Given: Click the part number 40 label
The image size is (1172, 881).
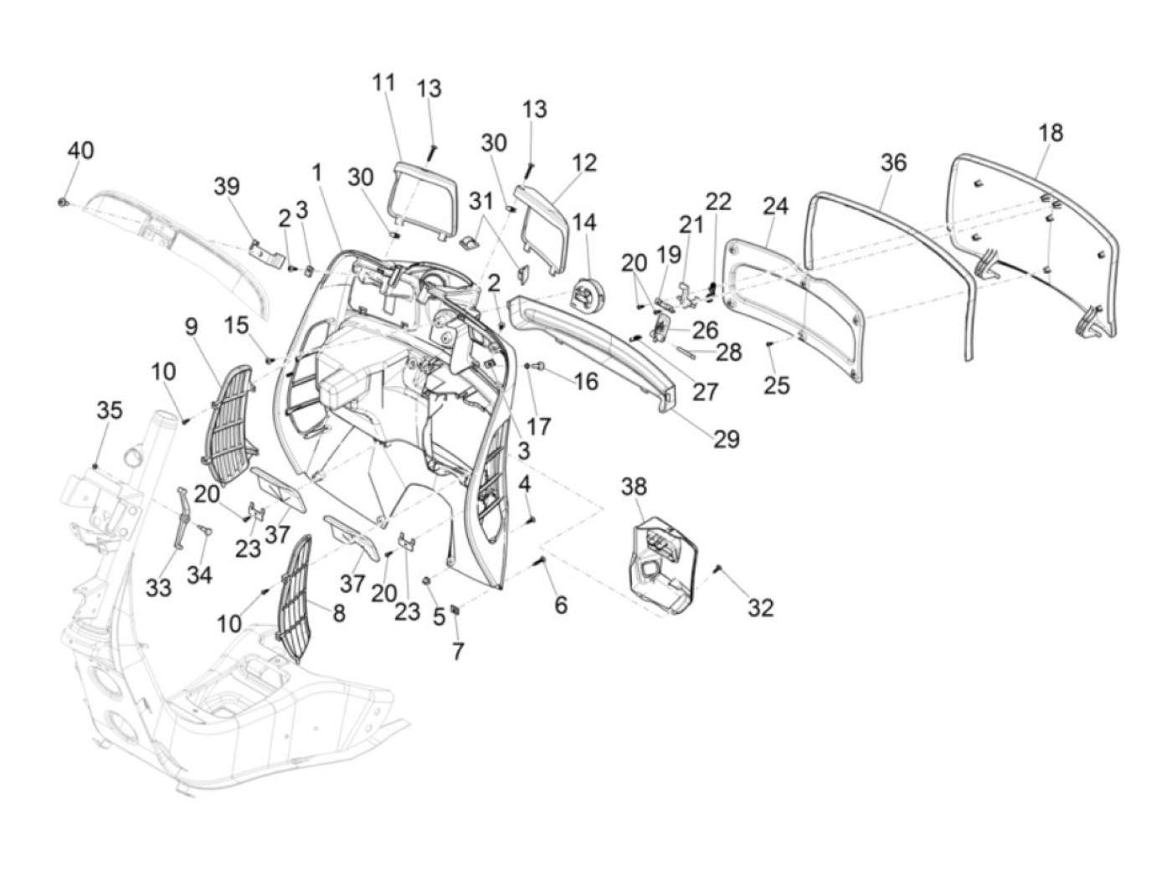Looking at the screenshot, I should (x=80, y=151).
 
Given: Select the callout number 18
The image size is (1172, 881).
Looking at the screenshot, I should (x=1051, y=132).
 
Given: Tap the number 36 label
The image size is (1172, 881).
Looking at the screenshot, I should (x=893, y=162).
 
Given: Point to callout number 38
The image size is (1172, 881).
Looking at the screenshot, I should (x=634, y=487).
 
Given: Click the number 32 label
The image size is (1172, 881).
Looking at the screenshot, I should (x=760, y=608).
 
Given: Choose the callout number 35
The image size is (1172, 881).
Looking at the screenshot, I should (x=109, y=410).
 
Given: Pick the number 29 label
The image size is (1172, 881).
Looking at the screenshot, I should (x=727, y=439).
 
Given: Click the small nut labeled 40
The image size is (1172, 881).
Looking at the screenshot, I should (x=64, y=203).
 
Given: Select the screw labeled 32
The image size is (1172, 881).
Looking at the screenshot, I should (x=717, y=570).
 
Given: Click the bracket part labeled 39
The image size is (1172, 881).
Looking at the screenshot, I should (x=265, y=251).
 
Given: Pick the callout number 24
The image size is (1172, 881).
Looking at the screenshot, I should (x=775, y=205).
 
